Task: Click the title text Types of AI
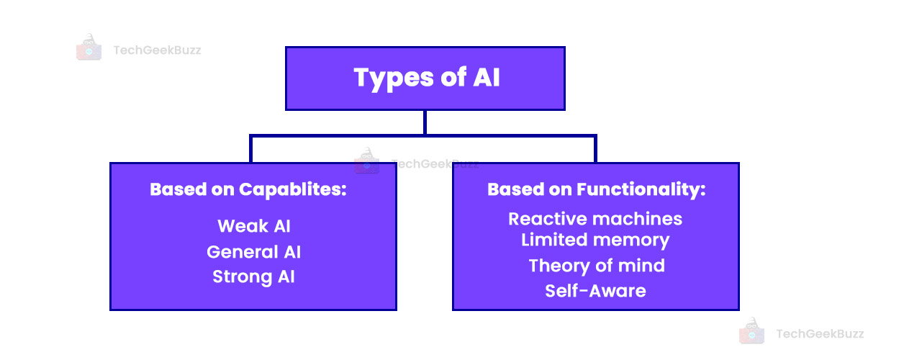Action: pos(426,78)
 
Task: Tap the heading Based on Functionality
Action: pos(596,189)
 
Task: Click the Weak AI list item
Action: pos(253,226)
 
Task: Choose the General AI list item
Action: pos(253,252)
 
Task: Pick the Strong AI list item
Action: pos(253,277)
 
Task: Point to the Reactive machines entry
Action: pos(595,218)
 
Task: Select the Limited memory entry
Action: pos(595,240)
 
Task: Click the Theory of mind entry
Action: pos(596,266)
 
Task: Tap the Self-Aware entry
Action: pos(595,291)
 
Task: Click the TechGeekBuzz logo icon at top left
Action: pos(89,47)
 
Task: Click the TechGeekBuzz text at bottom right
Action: pos(819,333)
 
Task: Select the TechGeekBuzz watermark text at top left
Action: pos(157,50)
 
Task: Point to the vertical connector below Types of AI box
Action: pos(425,122)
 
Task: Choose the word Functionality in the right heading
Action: pos(641,189)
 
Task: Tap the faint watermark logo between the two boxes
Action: pos(367,161)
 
